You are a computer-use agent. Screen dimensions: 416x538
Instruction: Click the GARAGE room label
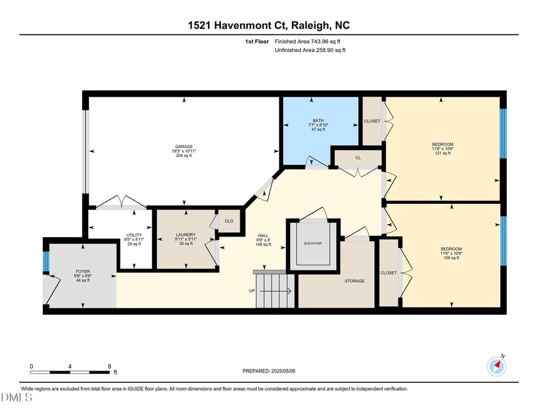184,146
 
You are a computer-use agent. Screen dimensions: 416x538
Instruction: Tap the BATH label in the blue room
318,120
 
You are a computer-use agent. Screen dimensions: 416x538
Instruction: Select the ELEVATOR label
313,244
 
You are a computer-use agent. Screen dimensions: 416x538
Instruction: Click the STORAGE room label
354,281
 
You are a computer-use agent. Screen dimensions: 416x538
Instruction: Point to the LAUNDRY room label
184,235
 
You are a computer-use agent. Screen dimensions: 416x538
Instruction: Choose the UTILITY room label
134,235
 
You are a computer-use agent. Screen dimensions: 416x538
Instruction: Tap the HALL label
263,235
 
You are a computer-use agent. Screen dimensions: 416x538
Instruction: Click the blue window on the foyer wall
46,262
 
